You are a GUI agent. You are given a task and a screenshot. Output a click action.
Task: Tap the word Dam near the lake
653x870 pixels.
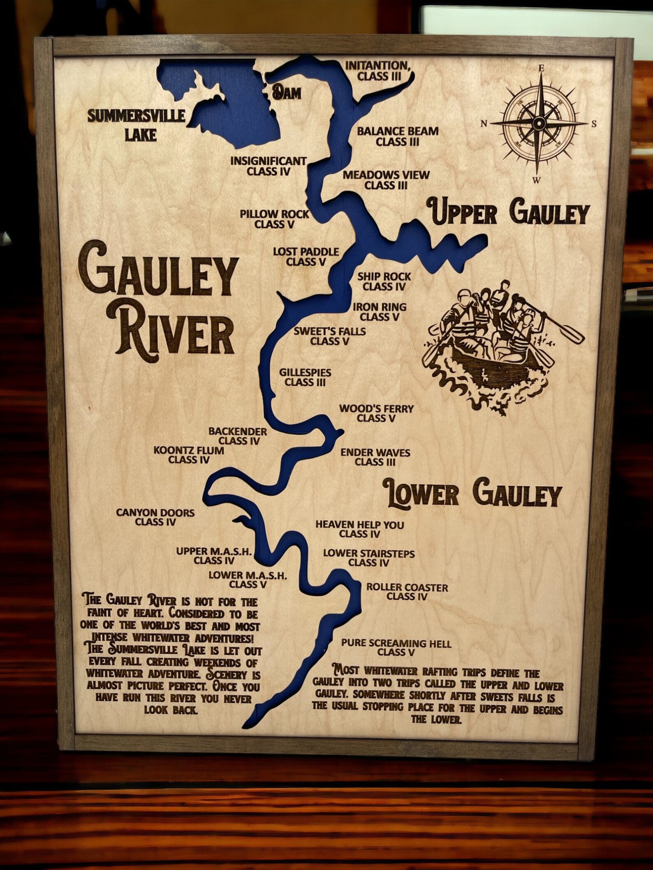pos(286,93)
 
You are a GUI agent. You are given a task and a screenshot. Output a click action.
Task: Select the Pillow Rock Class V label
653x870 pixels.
pos(274,219)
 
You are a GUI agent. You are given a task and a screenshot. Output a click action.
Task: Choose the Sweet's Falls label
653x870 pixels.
pos(329,336)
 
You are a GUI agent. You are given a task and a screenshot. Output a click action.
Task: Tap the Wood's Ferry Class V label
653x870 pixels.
pos(376,413)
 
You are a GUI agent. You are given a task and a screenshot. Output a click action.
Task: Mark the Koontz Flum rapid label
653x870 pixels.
pos(189,455)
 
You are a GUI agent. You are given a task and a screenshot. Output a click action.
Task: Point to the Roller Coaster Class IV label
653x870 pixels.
pos(407,591)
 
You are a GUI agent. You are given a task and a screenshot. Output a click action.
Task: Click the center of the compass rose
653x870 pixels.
pos(538,122)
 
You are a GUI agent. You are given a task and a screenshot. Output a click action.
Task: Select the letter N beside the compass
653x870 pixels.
pos(484,123)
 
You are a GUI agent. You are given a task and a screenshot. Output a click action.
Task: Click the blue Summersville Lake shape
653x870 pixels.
pos(230,111)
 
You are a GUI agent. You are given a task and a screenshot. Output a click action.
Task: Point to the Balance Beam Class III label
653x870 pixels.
pos(397,136)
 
